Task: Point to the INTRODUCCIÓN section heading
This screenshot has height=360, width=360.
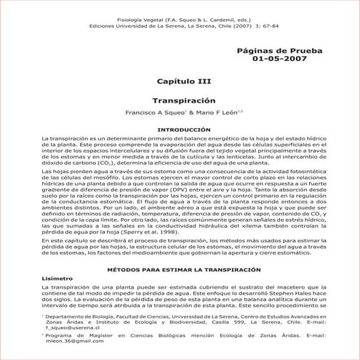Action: [180, 128]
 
